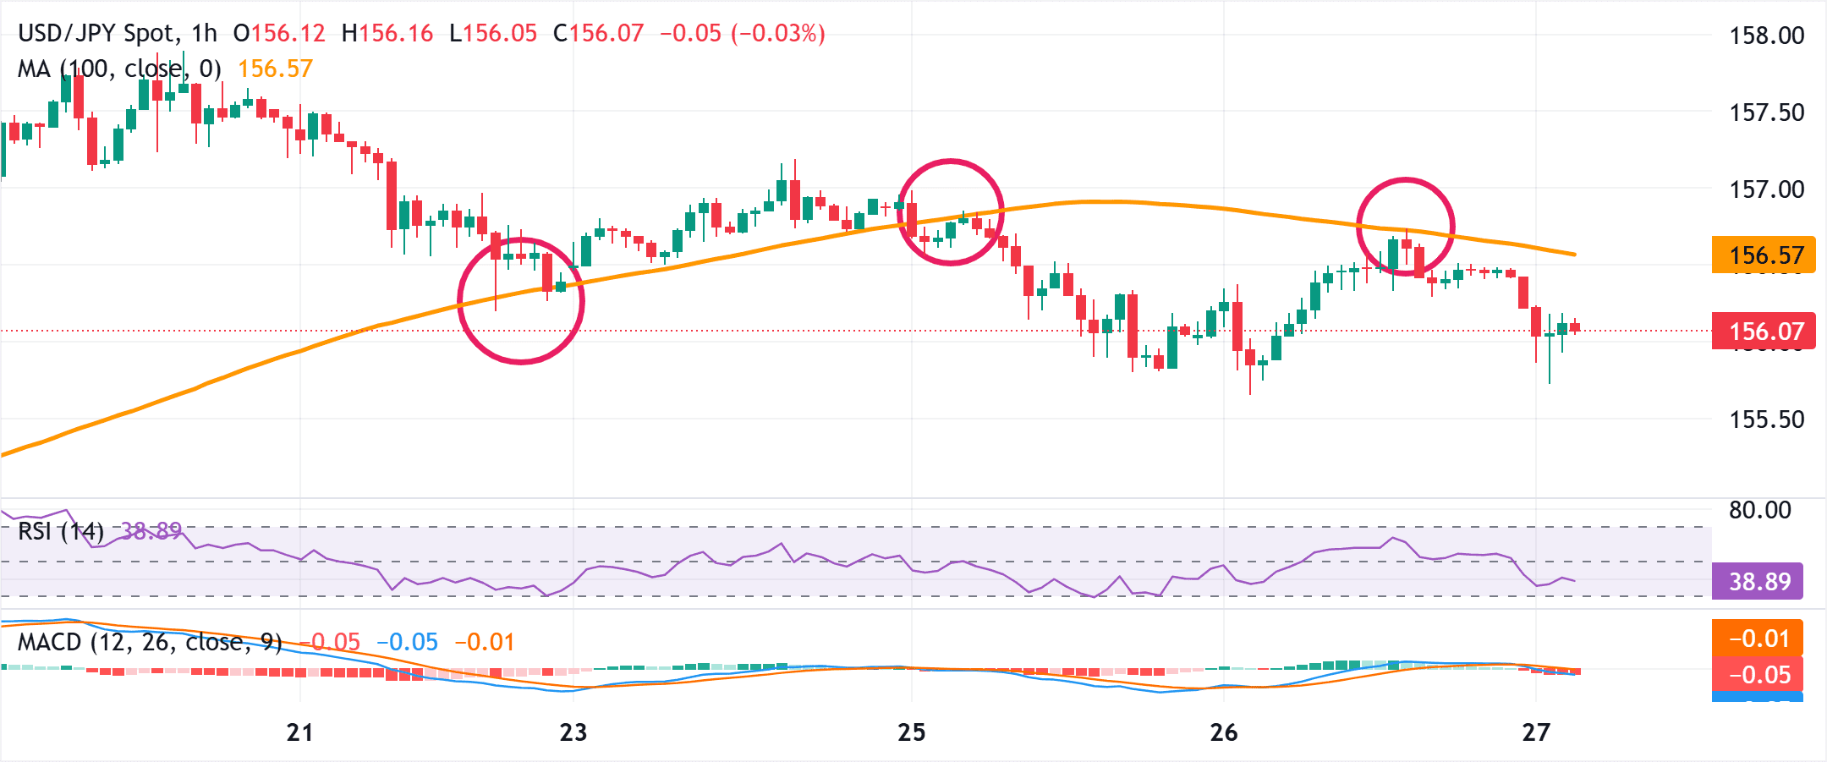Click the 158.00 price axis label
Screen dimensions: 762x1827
coord(1766,36)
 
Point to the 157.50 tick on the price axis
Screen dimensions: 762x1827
coord(1766,112)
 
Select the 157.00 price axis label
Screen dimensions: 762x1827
coord(1766,189)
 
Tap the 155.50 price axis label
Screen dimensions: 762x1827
coord(1766,419)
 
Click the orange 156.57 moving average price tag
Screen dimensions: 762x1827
coord(1764,255)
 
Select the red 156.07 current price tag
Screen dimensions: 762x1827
coord(1764,331)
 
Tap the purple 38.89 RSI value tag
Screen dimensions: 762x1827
coord(1758,581)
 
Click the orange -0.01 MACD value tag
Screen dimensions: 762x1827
coord(1758,638)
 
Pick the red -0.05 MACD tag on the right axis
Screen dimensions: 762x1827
coord(1758,674)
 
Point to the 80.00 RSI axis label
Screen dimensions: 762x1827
coord(1759,510)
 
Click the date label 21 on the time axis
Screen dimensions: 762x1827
coord(299,732)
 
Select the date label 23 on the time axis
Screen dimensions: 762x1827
coord(573,732)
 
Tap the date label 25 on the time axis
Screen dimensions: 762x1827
coord(912,732)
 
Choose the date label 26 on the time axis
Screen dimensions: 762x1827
coord(1224,732)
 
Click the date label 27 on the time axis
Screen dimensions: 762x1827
coord(1535,732)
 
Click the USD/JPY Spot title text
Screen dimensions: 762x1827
coord(96,34)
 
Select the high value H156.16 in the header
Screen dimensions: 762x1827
coord(387,34)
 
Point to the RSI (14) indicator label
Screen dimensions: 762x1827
coord(61,531)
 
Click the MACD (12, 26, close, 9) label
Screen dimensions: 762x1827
coord(150,643)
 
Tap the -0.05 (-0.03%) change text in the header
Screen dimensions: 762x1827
coord(742,34)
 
